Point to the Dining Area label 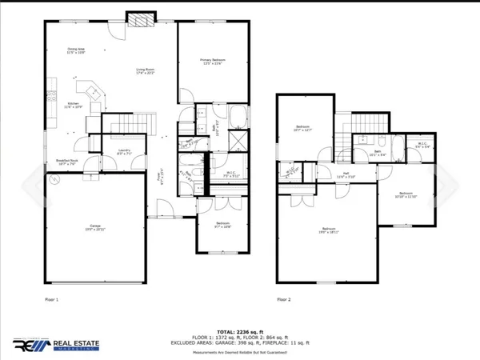pos(76,52)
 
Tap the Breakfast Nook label pos(67,162)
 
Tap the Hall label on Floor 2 pos(346,176)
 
